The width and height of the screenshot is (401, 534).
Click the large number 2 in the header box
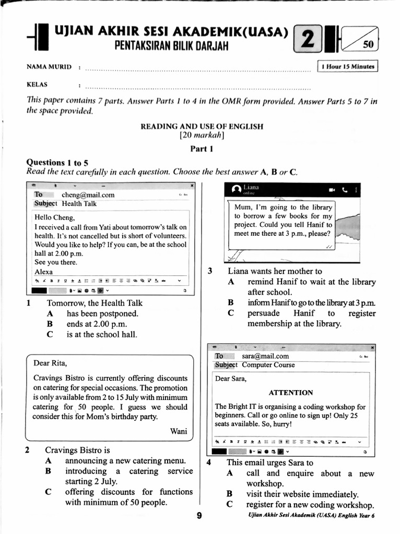click(308, 40)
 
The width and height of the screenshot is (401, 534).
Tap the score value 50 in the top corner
click(368, 45)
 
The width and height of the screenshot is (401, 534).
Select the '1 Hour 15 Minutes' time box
click(348, 66)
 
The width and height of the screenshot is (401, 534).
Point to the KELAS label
click(37, 84)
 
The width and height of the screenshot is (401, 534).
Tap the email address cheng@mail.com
click(88, 195)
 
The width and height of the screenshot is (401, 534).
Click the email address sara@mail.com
click(265, 356)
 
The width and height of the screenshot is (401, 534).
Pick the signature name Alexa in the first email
click(43, 272)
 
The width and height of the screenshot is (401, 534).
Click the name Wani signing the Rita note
click(179, 431)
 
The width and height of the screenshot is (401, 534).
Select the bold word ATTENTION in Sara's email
click(291, 393)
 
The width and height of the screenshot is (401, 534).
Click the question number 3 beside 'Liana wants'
click(210, 271)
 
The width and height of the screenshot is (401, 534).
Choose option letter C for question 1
click(50, 335)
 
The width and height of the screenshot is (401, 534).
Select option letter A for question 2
click(48, 461)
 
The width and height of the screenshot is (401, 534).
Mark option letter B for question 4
click(229, 494)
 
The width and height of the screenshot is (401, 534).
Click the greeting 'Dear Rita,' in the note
click(50, 363)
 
